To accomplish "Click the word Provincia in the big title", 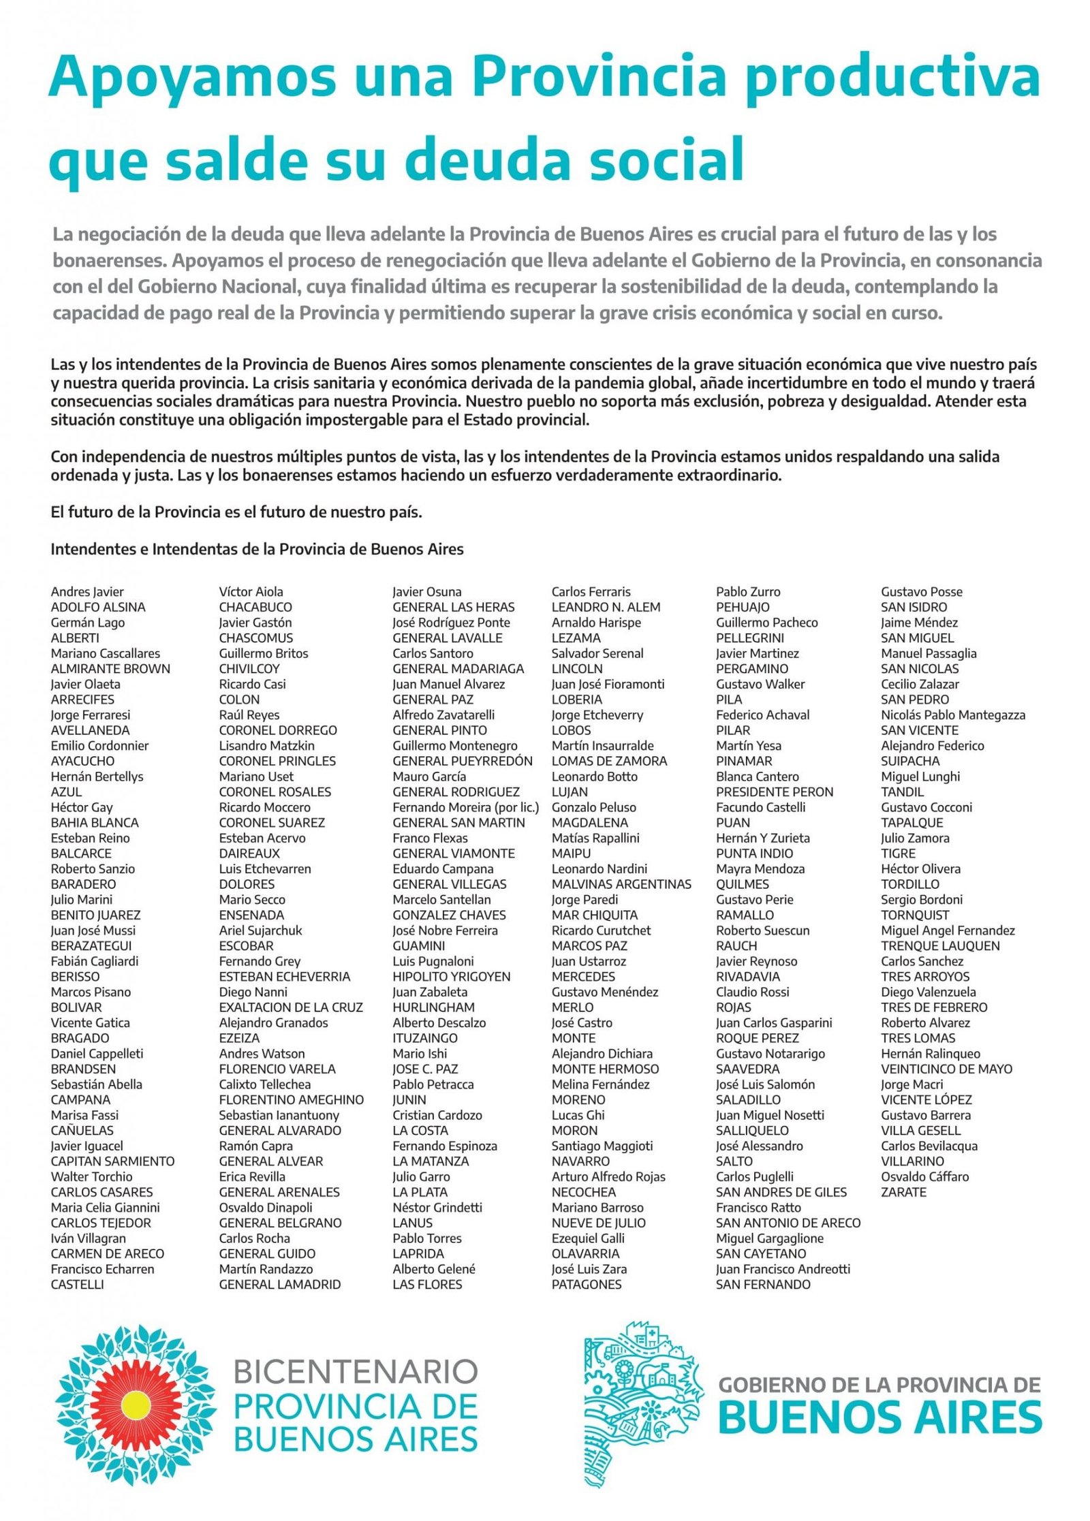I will click(x=599, y=77).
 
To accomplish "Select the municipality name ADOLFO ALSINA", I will click(x=98, y=607).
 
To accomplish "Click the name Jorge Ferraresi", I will click(x=90, y=715).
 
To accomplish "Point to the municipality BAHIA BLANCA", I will click(x=95, y=822).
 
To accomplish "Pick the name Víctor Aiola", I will click(x=251, y=591).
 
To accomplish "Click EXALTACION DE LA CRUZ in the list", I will click(x=291, y=1007).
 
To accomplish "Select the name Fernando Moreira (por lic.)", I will click(x=465, y=807).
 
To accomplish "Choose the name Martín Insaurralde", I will click(x=602, y=745).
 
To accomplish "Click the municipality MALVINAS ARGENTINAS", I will click(x=621, y=884).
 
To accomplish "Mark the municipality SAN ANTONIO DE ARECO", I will click(x=788, y=1223).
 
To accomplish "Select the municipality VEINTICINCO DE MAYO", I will click(x=946, y=1069).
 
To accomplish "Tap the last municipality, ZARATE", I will click(x=903, y=1192).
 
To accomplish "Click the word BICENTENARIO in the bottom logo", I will click(x=355, y=1371).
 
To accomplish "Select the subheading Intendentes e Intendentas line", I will click(x=257, y=549).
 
